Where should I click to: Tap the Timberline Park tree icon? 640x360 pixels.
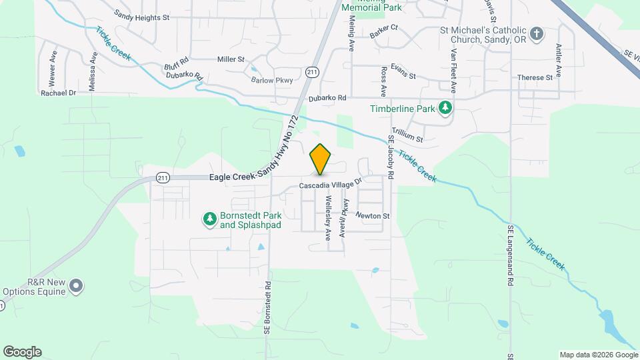tap(445, 108)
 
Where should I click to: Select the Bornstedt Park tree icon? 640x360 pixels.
tap(210, 219)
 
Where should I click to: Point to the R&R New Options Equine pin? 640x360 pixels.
tap(76, 285)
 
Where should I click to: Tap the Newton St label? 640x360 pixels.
tap(372, 215)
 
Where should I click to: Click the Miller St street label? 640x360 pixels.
tap(231, 59)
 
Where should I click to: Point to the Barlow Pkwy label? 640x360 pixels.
tap(272, 80)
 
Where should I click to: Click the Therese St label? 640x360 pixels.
tap(535, 77)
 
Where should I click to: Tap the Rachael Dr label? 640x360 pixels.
tap(59, 93)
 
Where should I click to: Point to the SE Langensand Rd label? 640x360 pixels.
tap(510, 255)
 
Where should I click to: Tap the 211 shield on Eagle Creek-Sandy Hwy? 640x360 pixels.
tap(163, 177)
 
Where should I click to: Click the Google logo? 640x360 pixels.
tap(22, 352)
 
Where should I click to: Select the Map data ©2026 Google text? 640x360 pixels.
tap(597, 354)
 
